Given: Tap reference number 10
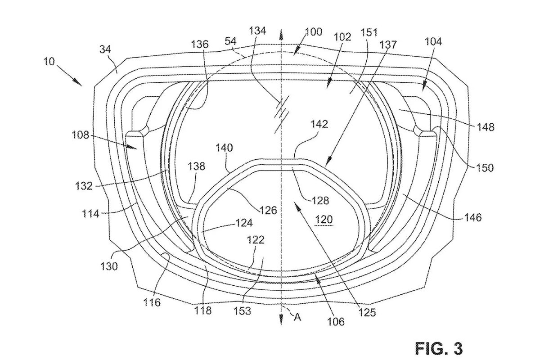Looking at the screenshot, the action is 49,61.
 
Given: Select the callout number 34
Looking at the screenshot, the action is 105,49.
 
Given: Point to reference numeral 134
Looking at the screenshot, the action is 257,31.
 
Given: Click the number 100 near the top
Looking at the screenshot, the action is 314,32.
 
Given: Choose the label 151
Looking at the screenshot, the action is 369,32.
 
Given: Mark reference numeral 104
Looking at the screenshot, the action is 433,41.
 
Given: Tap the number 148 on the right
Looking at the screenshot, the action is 486,126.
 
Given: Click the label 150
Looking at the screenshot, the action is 485,167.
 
